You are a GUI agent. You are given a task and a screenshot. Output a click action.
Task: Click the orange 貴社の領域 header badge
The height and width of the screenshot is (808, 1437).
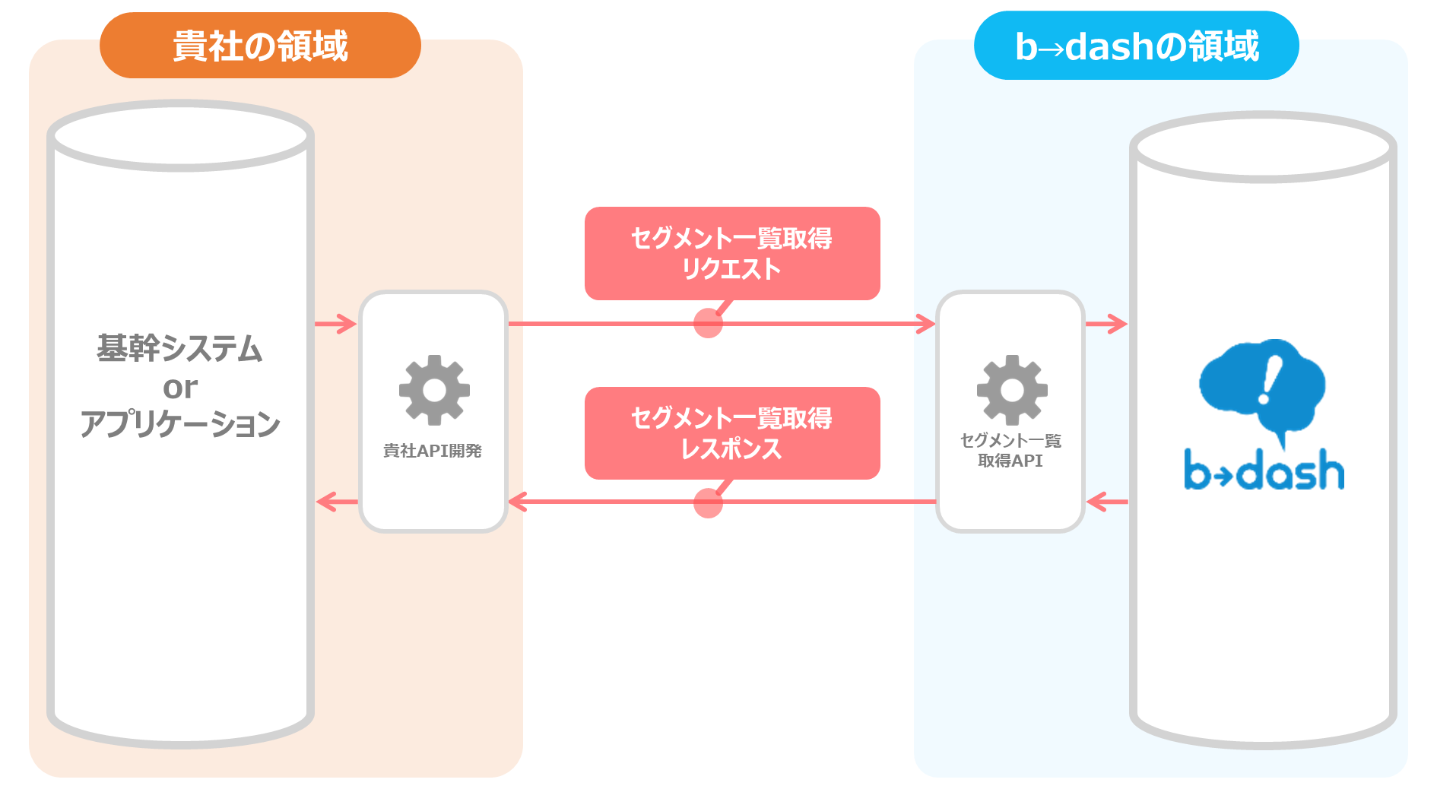tap(260, 45)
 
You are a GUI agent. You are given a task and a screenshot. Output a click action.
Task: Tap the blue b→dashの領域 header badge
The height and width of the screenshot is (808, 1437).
tap(1137, 46)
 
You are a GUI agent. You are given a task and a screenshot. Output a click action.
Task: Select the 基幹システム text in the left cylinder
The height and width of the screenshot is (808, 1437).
tap(179, 348)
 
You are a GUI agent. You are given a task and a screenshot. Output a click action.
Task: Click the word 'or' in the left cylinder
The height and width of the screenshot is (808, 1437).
tap(180, 388)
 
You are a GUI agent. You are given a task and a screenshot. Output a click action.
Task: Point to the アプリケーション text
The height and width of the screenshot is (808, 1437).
tap(180, 423)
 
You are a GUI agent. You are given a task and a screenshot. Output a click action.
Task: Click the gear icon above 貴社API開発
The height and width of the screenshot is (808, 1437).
tap(434, 390)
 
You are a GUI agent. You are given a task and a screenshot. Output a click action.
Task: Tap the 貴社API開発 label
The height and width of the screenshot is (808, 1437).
tap(433, 451)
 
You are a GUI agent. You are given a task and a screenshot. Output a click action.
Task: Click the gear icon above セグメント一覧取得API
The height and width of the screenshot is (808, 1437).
tap(1012, 390)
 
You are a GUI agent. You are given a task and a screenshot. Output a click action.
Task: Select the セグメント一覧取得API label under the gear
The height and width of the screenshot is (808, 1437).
tap(1010, 451)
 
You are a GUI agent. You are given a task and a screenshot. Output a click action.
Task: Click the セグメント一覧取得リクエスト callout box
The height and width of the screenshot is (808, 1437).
tap(732, 253)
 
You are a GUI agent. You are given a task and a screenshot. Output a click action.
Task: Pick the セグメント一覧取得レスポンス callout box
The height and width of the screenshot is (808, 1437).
tap(732, 433)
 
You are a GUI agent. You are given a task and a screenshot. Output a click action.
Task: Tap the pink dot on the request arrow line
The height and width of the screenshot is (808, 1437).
tap(708, 323)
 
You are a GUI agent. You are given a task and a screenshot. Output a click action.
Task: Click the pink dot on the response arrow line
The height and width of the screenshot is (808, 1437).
tap(708, 502)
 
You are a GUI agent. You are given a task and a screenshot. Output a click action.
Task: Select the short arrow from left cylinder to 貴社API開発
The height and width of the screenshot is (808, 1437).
tap(335, 324)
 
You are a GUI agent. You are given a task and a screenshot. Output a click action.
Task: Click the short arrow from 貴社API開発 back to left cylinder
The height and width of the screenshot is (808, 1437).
tap(337, 502)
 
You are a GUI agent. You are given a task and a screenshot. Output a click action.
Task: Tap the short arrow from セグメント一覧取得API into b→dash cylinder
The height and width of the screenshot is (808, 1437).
tap(1106, 324)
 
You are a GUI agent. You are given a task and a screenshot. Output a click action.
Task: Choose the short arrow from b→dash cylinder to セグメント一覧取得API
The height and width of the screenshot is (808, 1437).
tap(1107, 502)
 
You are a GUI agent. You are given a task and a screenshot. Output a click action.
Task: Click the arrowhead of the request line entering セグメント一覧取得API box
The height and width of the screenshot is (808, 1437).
tap(927, 324)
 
